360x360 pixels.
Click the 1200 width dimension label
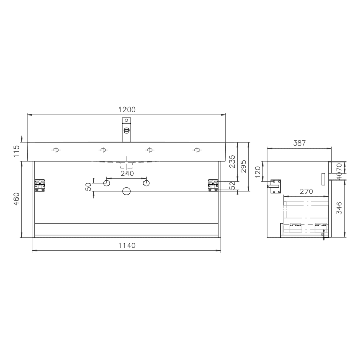[x=127, y=109]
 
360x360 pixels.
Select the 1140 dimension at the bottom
[x=127, y=245]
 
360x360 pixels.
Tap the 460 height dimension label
[x=16, y=199]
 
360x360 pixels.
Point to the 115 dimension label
[x=16, y=150]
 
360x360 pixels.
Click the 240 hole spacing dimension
[x=127, y=173]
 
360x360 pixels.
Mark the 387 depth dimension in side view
[x=299, y=143]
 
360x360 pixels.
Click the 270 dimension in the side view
[x=306, y=191]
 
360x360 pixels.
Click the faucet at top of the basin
[x=127, y=129]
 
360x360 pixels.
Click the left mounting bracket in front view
[x=40, y=185]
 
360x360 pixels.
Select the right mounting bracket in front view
[x=213, y=185]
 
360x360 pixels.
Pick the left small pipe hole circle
[x=107, y=183]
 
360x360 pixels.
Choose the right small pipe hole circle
[x=146, y=183]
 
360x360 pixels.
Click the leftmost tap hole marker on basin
[x=56, y=150]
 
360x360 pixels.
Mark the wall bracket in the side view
[x=276, y=186]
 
